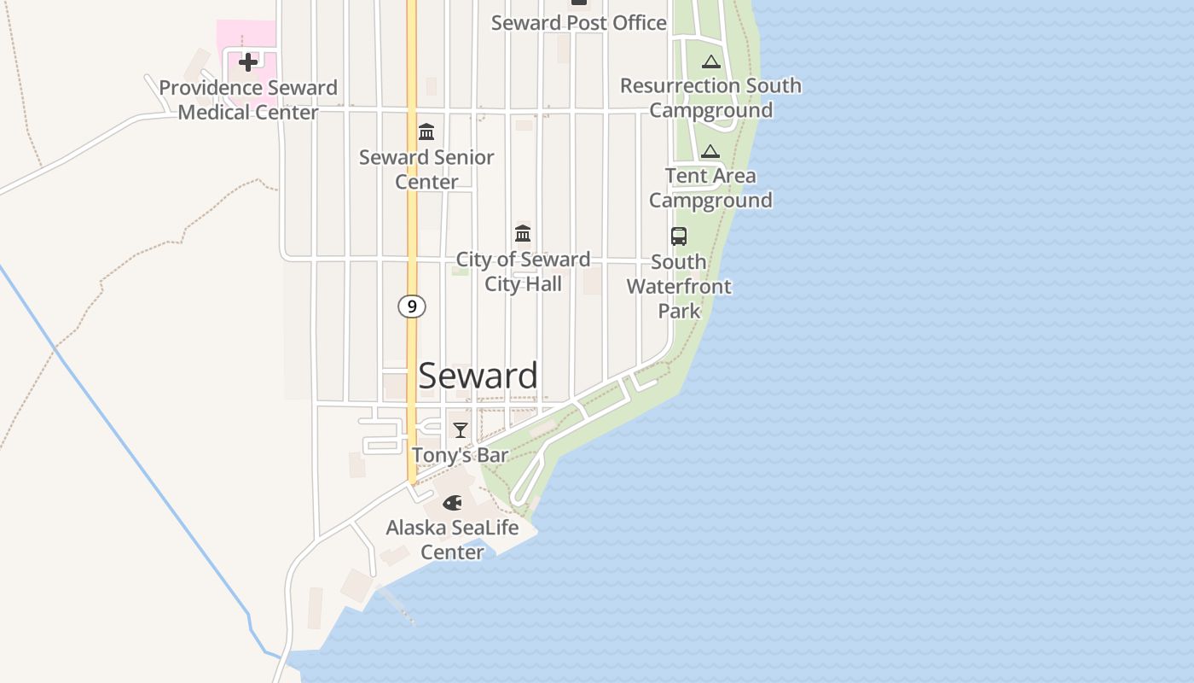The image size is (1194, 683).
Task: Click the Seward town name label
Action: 478,376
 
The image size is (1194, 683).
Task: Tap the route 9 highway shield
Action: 411,306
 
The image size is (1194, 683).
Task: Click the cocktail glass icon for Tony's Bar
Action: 461,429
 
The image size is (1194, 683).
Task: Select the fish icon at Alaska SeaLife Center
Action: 452,503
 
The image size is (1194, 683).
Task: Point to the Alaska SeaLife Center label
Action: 452,540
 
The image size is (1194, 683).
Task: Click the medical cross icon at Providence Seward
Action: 248,62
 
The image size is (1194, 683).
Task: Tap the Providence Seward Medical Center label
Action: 248,100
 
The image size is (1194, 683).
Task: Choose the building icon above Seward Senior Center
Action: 426,132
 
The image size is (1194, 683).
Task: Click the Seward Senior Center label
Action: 426,169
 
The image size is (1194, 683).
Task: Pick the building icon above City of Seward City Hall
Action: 523,233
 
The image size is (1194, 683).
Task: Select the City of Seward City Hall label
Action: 523,271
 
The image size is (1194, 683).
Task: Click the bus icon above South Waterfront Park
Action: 679,236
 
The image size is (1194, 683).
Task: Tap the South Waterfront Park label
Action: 679,286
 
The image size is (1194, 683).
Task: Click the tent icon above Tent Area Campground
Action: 710,152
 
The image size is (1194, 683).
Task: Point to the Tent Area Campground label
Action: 710,188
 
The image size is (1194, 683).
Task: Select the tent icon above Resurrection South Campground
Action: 711,61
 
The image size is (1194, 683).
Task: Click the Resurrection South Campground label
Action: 710,97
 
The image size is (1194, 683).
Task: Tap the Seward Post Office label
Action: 578,23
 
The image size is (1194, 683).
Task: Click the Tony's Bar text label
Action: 461,455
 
